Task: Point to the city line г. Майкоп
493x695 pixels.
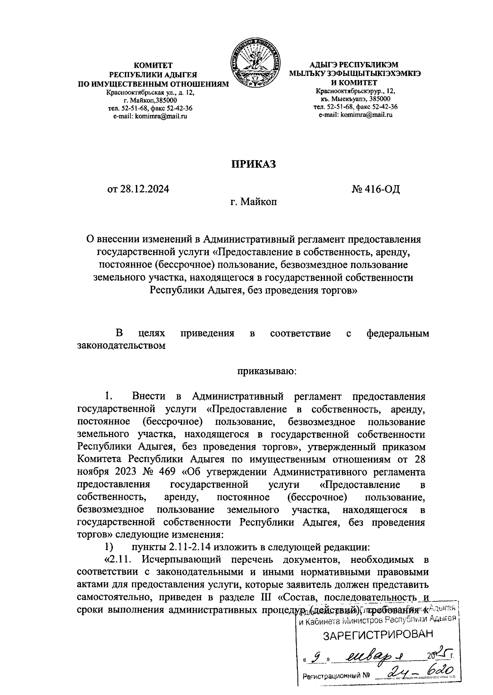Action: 253,202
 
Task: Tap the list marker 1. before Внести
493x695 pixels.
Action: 108,396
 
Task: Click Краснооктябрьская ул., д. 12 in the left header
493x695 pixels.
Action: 150,93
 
